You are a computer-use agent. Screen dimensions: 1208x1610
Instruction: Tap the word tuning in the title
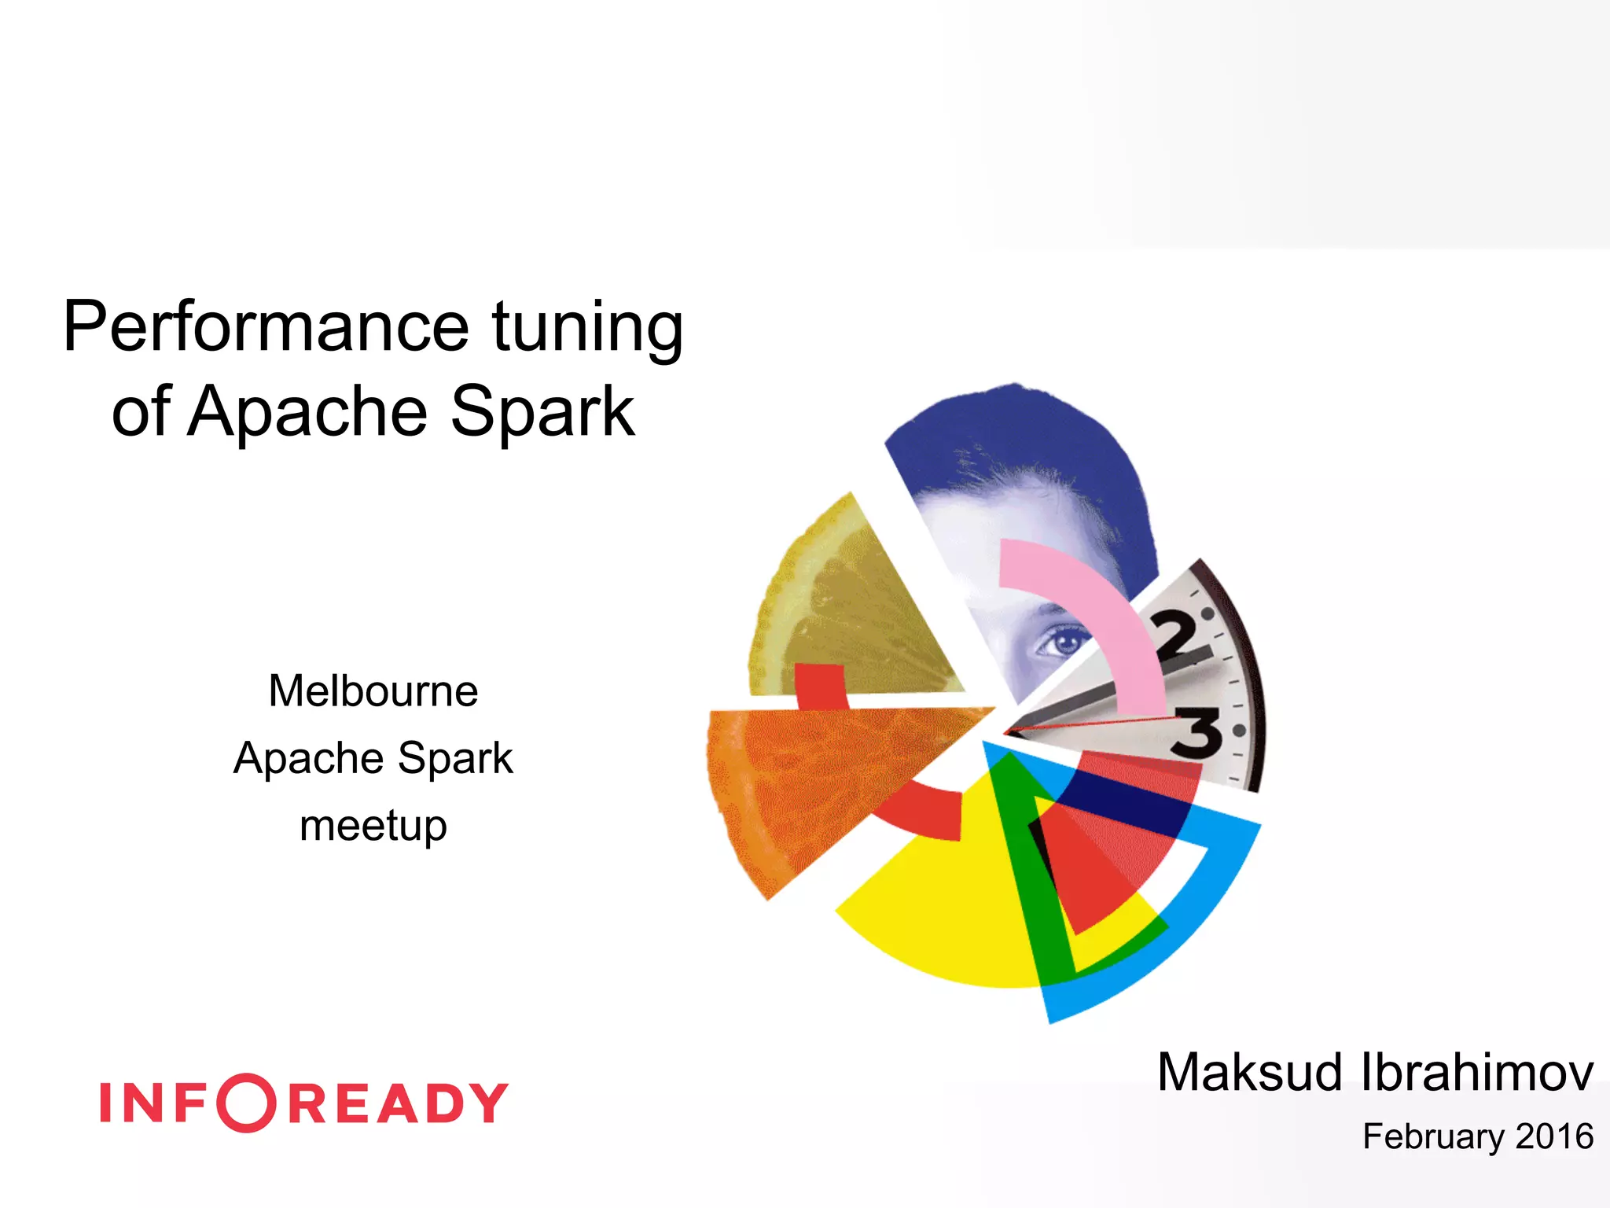[587, 326]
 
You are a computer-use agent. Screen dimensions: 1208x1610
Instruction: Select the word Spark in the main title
[542, 411]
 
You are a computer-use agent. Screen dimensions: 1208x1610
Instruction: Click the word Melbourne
[373, 691]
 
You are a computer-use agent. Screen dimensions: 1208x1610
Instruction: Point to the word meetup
[373, 826]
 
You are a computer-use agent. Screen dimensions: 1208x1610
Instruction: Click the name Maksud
[1249, 1072]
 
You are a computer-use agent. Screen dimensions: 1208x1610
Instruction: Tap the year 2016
[1554, 1136]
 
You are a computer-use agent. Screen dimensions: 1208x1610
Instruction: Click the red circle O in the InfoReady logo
[247, 1103]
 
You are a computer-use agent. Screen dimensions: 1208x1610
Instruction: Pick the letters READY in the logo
[399, 1103]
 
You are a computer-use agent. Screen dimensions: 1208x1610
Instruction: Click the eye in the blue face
[1063, 643]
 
